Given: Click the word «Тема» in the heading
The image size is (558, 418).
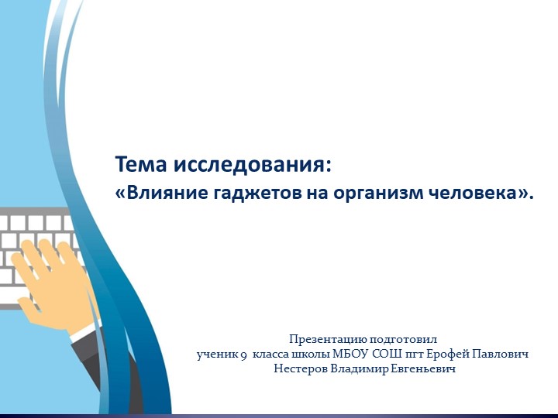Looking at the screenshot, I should [x=141, y=165].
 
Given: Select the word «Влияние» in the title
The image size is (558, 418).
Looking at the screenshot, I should [x=160, y=193].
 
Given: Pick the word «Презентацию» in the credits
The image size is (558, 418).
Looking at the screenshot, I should [x=324, y=339].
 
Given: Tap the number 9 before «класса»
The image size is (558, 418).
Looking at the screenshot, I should [x=243, y=355].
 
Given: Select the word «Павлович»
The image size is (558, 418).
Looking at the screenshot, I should [x=502, y=354].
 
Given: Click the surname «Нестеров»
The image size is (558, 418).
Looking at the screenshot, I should [x=301, y=369].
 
